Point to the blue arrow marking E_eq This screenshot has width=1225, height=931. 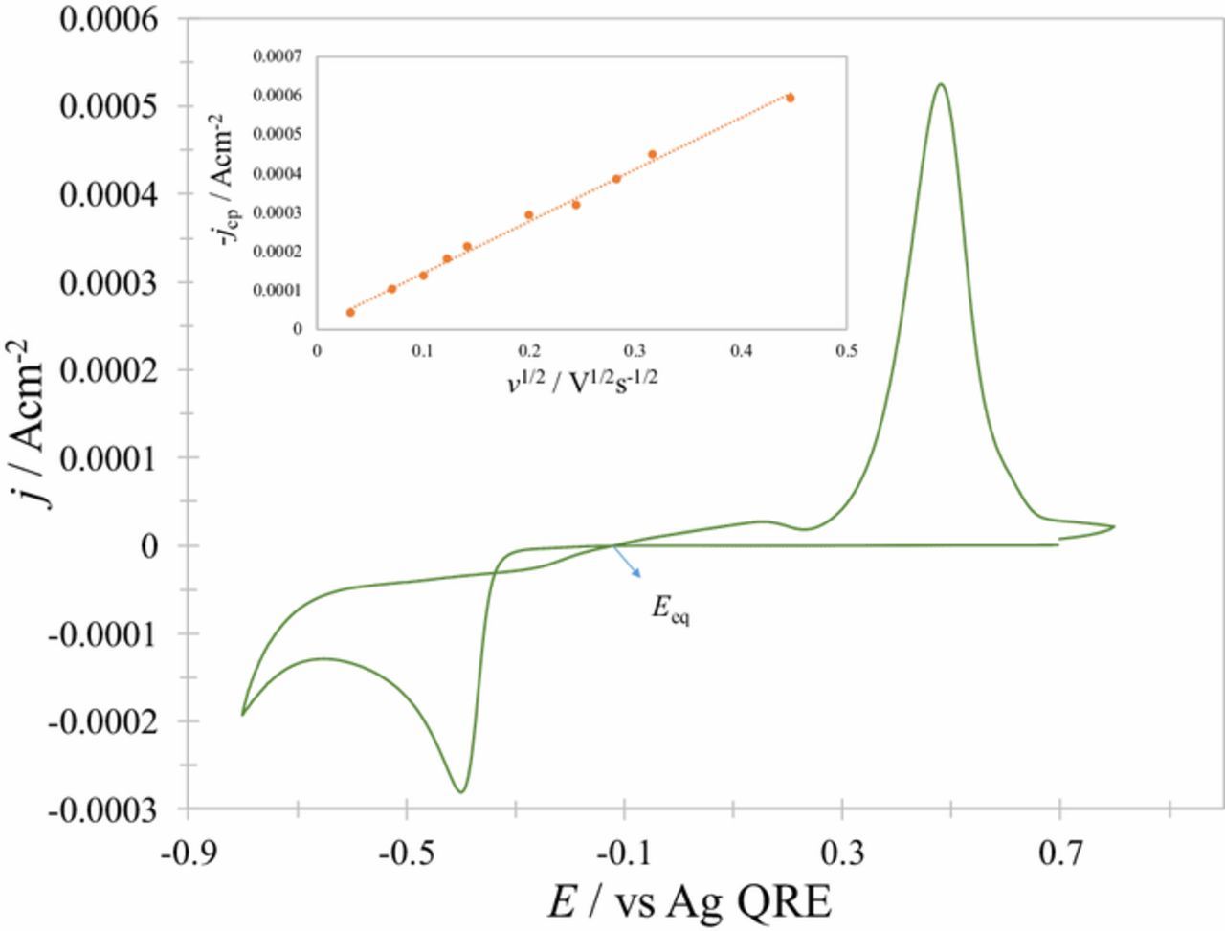627,562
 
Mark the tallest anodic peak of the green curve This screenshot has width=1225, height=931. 942,84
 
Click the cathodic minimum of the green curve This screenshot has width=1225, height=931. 461,792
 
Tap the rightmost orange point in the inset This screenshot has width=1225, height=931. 790,98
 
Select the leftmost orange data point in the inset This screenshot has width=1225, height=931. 350,312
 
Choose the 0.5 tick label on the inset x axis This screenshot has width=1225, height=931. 845,351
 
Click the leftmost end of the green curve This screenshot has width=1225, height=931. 242,714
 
